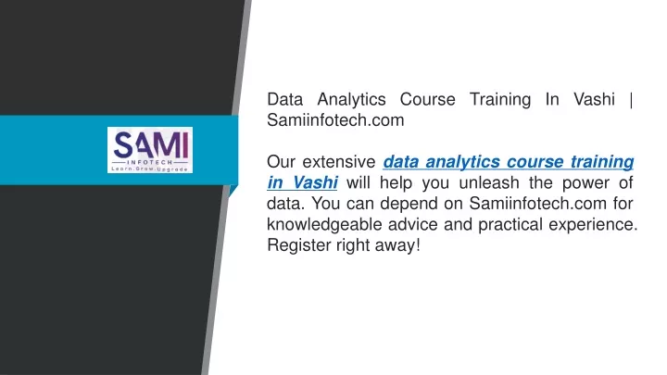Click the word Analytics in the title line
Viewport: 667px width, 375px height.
click(x=351, y=100)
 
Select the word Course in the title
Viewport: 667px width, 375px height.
click(x=427, y=99)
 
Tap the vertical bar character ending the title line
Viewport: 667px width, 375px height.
click(x=631, y=100)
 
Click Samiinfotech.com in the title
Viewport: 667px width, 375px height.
click(x=335, y=120)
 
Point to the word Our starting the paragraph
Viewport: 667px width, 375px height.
click(x=281, y=162)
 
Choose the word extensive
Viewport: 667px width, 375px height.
click(x=339, y=162)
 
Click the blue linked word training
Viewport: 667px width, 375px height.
click(x=602, y=162)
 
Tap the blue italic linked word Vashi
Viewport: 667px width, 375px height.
click(x=315, y=182)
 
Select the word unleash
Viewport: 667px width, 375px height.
click(x=489, y=182)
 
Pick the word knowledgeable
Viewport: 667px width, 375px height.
click(x=324, y=225)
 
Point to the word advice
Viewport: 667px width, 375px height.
click(x=412, y=224)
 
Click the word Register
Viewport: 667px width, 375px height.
click(x=297, y=245)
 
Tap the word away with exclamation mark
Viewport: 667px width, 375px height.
click(x=397, y=245)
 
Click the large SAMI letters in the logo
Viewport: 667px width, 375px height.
click(x=151, y=144)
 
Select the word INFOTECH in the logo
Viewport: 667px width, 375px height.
click(x=150, y=162)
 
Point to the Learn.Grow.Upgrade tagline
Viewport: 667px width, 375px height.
click(x=150, y=169)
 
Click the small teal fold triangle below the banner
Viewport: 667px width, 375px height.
click(x=233, y=190)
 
